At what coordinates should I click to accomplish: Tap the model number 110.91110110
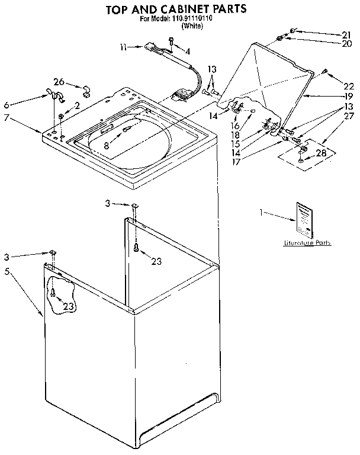[x=192, y=18]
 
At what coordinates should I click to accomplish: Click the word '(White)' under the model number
[x=192, y=26]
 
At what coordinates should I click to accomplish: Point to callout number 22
[x=349, y=85]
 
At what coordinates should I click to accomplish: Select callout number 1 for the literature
[x=262, y=211]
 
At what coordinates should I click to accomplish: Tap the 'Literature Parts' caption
[x=306, y=243]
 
